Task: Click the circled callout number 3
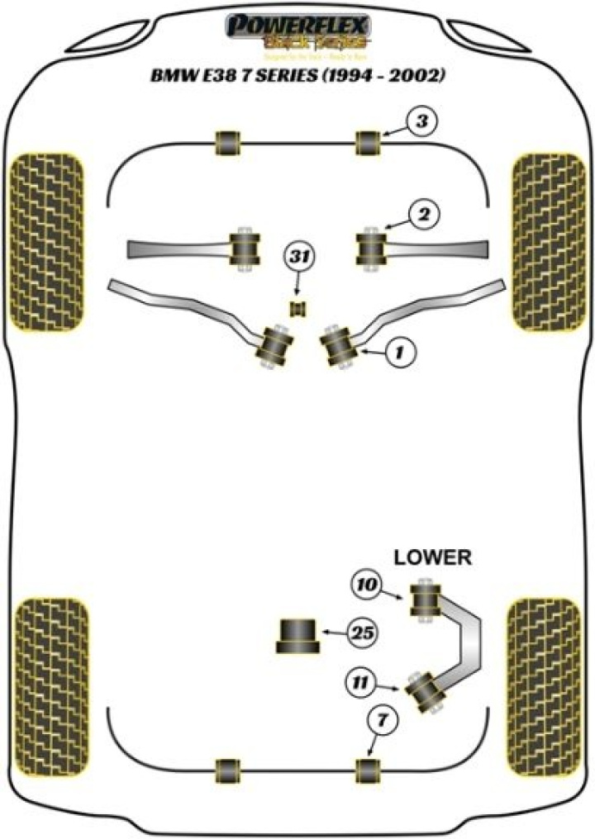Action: (422, 124)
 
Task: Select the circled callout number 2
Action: (423, 216)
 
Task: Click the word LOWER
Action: (432, 557)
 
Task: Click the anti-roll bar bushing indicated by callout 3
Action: (368, 142)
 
